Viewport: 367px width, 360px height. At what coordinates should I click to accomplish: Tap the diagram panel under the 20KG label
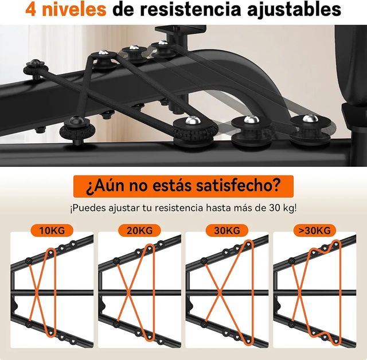[139, 289]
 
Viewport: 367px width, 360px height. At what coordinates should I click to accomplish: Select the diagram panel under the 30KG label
[228, 289]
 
